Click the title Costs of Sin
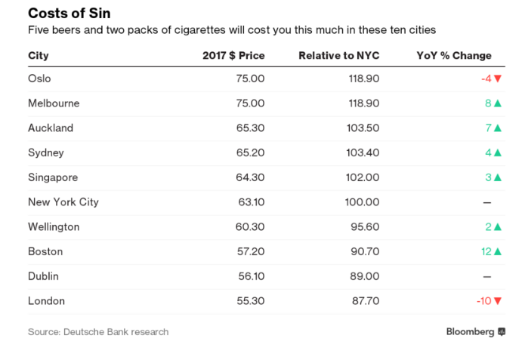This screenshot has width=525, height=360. [x=69, y=14]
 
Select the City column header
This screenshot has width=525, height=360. [x=39, y=56]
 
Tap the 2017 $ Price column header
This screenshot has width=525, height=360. [x=233, y=56]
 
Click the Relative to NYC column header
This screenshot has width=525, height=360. [x=339, y=56]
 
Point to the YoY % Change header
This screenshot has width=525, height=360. [x=454, y=56]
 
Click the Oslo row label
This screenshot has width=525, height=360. [x=39, y=78]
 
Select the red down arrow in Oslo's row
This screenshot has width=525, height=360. [x=498, y=78]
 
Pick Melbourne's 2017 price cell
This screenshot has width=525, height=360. [x=250, y=103]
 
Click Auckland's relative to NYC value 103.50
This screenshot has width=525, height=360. [x=363, y=128]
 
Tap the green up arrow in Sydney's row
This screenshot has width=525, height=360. [x=498, y=152]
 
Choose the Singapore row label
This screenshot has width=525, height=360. [x=53, y=177]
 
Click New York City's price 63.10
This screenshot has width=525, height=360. [x=252, y=202]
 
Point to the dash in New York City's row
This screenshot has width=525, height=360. [x=487, y=202]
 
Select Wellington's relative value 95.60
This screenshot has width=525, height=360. [x=365, y=227]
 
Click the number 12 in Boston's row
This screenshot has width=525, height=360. [x=486, y=251]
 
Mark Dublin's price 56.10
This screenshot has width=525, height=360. [x=252, y=276]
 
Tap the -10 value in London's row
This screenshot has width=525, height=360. [x=484, y=301]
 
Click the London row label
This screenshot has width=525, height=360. [x=47, y=301]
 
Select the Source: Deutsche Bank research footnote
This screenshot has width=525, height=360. [x=98, y=332]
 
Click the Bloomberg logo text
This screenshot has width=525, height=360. [x=470, y=332]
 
